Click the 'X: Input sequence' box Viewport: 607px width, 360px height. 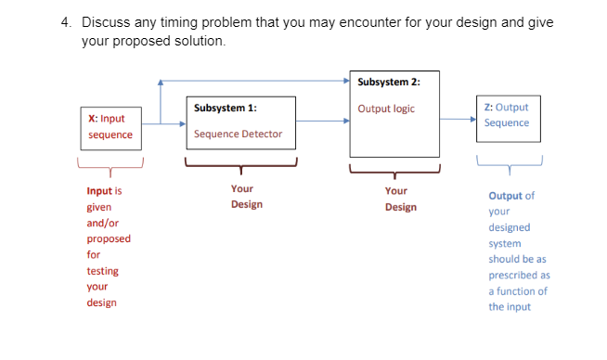(x=110, y=127)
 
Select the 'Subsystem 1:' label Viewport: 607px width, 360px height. (x=219, y=109)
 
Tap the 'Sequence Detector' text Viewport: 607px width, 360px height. (x=238, y=135)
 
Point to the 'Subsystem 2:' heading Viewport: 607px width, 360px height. (x=389, y=82)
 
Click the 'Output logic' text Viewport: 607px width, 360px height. (x=386, y=109)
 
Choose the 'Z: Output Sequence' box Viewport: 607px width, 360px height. (x=507, y=115)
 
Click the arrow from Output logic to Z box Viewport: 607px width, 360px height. (x=458, y=118)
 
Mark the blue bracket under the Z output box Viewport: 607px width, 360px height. (x=508, y=165)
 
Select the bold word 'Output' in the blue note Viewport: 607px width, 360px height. (x=507, y=196)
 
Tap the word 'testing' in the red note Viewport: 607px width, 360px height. (x=102, y=271)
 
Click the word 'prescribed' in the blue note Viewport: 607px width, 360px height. (x=519, y=275)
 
